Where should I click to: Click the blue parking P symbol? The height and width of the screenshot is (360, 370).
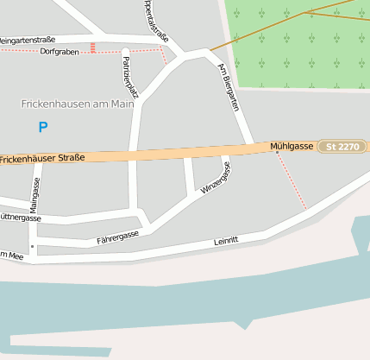pos(43,127)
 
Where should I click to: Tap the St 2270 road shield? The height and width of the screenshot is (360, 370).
pos(342,147)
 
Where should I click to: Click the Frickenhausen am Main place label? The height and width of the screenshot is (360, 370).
pos(78,104)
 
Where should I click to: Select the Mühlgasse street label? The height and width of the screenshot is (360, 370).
pos(292,147)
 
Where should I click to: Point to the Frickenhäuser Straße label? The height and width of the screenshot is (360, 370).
pos(43,159)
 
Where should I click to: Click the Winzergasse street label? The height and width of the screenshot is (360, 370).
pos(216,178)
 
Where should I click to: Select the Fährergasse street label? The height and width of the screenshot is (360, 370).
pos(118,236)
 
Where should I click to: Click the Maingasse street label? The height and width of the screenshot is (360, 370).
pos(34,195)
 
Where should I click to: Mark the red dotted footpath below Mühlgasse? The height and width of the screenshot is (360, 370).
pos(293,183)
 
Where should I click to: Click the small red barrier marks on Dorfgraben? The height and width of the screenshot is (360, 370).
pos(92,47)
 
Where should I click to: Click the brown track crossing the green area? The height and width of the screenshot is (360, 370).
pos(285,22)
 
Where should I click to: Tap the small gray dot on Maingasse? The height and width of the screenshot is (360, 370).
pos(33,246)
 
